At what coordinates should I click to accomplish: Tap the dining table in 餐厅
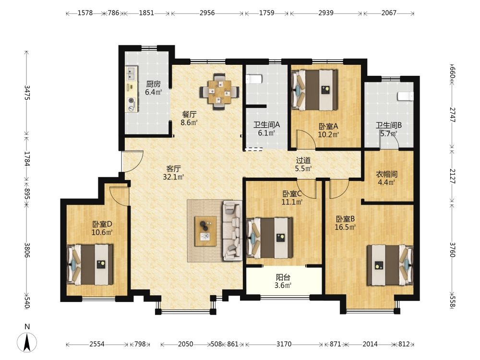pyautogui.click(x=219, y=92)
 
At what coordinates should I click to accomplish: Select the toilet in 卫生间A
pyautogui.click(x=254, y=79)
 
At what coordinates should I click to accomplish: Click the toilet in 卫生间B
pyautogui.click(x=406, y=96)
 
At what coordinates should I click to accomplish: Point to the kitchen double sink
pyautogui.click(x=132, y=74)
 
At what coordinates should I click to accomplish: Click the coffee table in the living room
pyautogui.click(x=206, y=231)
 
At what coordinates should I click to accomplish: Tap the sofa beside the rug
pyautogui.click(x=232, y=230)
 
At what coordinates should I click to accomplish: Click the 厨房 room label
pyautogui.click(x=154, y=84)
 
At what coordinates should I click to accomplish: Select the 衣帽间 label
pyautogui.click(x=386, y=174)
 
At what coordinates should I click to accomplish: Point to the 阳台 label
pyautogui.click(x=283, y=277)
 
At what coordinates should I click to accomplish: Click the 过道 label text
pyautogui.click(x=303, y=160)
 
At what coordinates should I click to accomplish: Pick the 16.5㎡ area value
pyautogui.click(x=345, y=227)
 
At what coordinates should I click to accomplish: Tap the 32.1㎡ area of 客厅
pyautogui.click(x=173, y=177)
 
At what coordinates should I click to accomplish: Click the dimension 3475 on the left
pyautogui.click(x=27, y=93)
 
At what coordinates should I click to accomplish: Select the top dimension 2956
pyautogui.click(x=207, y=13)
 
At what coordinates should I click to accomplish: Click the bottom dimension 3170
pyautogui.click(x=284, y=344)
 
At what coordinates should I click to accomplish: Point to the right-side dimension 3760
pyautogui.click(x=453, y=250)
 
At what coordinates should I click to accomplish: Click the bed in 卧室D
pyautogui.click(x=90, y=264)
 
